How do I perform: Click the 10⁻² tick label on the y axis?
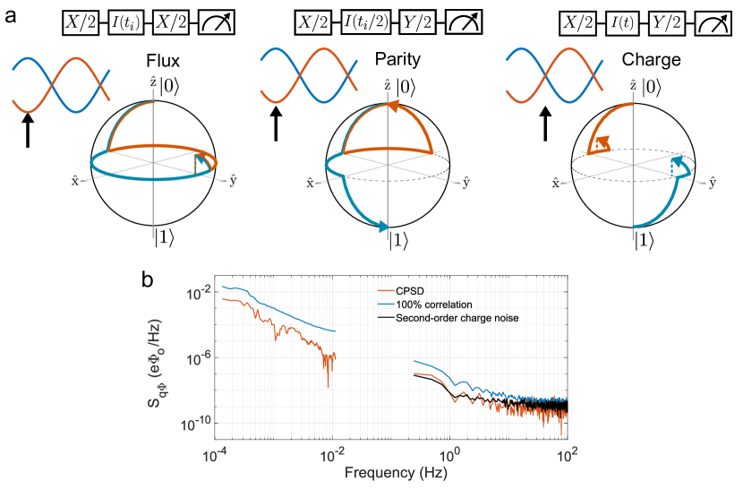coord(198,293)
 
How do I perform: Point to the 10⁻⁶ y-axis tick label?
coord(198,358)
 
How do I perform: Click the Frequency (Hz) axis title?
coord(390,472)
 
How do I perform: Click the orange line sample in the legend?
coord(386,293)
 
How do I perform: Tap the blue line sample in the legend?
coord(386,305)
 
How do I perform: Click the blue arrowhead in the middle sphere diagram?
coord(384,227)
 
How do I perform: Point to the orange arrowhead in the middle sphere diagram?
coord(391,107)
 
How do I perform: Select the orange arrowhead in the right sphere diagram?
coord(603,142)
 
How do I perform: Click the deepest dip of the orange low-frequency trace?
coord(328,386)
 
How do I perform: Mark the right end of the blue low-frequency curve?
coord(336,331)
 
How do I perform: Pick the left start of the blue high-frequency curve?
coord(414,361)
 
